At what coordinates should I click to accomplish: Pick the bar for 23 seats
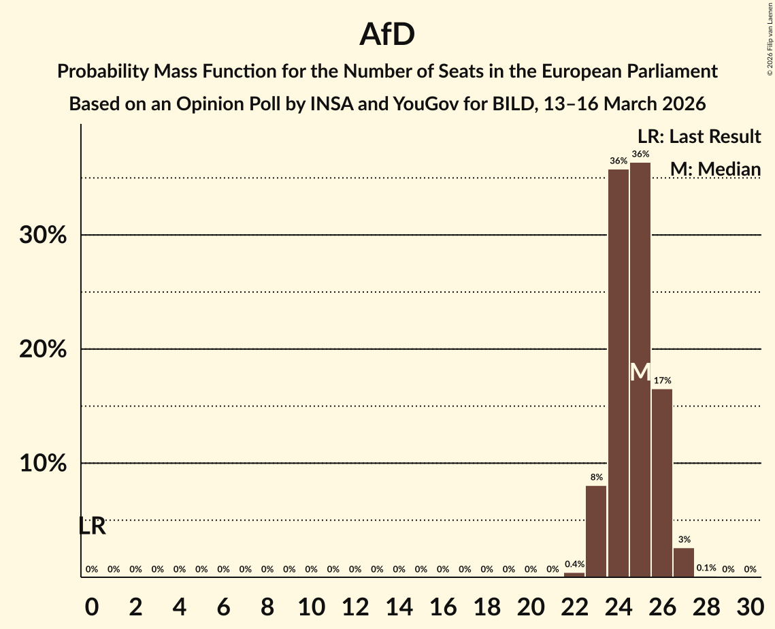[x=596, y=531]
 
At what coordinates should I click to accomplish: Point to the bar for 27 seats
[x=684, y=562]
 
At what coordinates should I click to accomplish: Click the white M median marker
[x=640, y=372]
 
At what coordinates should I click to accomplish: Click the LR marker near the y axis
[x=92, y=526]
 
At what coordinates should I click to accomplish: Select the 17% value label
[x=662, y=381]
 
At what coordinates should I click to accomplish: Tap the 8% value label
[x=596, y=477]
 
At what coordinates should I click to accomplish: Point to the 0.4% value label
[x=574, y=564]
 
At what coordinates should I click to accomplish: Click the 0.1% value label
[x=706, y=568]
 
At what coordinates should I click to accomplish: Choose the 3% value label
[x=684, y=540]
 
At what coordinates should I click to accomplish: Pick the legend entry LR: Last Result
[x=699, y=136]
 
